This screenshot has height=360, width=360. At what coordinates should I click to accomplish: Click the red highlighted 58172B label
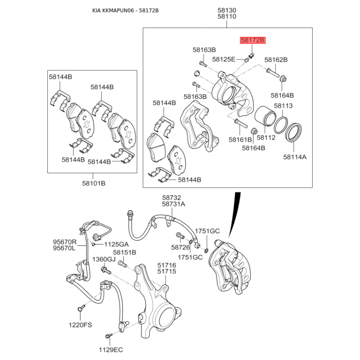point(253,40)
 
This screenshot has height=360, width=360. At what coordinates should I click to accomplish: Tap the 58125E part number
point(224,59)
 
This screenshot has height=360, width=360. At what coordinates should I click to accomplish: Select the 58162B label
point(276,59)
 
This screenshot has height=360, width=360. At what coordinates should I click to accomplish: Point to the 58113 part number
point(283,106)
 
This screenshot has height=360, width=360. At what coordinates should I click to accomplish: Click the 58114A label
point(295,157)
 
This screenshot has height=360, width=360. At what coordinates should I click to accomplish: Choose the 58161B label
point(240,139)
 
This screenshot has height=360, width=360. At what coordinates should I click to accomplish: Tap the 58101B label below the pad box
point(93,183)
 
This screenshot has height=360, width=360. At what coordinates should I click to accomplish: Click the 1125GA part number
point(117,244)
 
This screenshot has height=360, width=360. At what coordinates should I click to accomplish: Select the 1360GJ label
point(104,260)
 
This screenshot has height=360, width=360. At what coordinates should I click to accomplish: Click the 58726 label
point(180,247)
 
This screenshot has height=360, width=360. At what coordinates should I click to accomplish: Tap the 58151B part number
point(125,252)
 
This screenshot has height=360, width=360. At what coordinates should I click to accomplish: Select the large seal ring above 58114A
point(295,131)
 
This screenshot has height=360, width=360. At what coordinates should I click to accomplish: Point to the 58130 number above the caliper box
point(227,10)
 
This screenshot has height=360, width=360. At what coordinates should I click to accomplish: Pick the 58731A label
point(174,204)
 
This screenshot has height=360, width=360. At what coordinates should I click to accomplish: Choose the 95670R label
point(65,242)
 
